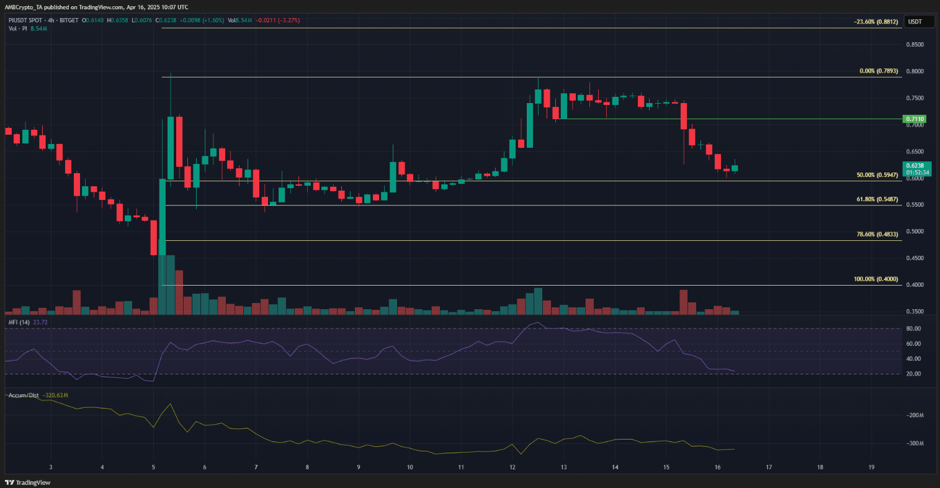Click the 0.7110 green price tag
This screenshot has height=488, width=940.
click(915, 119)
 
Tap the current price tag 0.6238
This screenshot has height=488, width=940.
click(915, 166)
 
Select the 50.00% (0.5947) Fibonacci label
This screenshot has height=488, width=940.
click(877, 175)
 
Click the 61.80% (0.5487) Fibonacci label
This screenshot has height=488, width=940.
click(877, 199)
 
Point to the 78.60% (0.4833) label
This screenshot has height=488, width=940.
click(877, 234)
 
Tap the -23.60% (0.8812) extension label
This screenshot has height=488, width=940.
click(875, 22)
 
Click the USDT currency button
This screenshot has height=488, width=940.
click(915, 22)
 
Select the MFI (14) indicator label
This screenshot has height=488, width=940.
click(19, 322)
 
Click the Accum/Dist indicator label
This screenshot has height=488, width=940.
click(24, 395)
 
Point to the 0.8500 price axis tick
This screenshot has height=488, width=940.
click(915, 45)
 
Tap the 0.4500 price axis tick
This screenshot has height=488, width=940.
click(915, 258)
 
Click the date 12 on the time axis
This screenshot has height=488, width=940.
click(512, 468)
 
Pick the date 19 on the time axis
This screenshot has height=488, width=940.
click(871, 468)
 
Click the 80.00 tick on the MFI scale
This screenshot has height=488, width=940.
click(913, 328)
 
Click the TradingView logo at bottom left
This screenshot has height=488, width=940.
click(28, 482)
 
